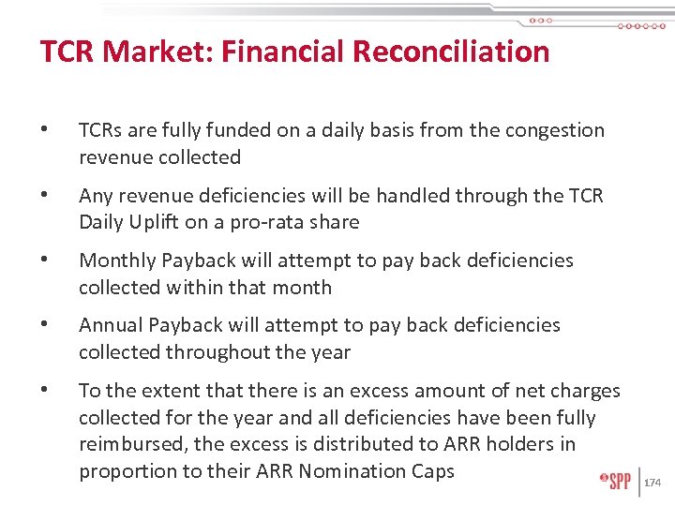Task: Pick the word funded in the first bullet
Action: pyautogui.click(x=241, y=130)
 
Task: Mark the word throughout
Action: pyautogui.click(x=221, y=352)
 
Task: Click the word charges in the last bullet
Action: pyautogui.click(x=586, y=391)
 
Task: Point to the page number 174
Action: pyautogui.click(x=652, y=483)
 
